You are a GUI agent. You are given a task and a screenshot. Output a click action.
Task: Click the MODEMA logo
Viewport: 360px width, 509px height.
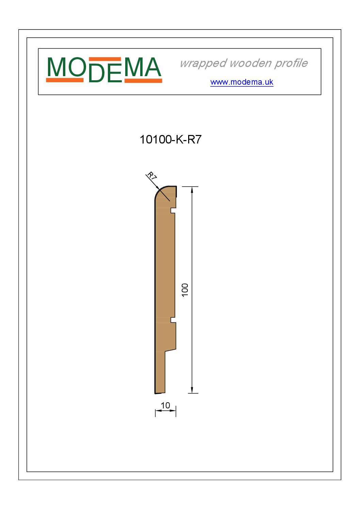point(104,70)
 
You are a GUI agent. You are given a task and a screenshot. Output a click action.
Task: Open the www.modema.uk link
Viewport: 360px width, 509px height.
point(242,82)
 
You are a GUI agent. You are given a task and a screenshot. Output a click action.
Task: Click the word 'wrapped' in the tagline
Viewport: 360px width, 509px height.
point(203,63)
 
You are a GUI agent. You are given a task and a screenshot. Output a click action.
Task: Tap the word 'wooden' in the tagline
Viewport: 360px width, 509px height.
point(250,63)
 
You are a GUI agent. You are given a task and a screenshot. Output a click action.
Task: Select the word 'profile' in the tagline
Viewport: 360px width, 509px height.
point(291,63)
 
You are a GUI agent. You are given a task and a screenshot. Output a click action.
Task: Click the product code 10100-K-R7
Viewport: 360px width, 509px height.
point(170,139)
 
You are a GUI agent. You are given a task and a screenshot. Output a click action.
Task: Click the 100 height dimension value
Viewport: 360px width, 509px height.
point(185,290)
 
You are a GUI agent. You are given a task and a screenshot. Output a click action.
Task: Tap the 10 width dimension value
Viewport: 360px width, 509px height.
point(165,405)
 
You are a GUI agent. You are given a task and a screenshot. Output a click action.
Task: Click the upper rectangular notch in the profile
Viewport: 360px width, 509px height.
point(173,210)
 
